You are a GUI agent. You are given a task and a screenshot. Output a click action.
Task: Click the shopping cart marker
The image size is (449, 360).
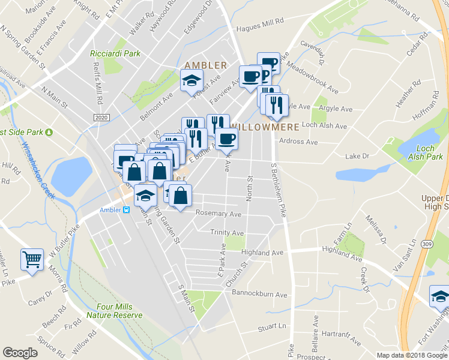tap(32, 260)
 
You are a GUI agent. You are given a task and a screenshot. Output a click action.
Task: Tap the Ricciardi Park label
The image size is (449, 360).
tap(115, 53)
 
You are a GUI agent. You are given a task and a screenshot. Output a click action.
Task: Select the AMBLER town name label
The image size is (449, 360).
tap(206, 65)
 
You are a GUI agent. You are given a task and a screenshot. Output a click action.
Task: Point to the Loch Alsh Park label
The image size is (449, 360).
tap(426, 152)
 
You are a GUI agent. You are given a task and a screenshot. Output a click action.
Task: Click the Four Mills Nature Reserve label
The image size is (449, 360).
tap(115, 310)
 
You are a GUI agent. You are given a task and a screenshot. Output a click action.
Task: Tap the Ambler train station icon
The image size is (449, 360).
tap(127, 210)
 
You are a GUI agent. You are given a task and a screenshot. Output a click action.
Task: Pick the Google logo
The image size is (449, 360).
tap(20, 352)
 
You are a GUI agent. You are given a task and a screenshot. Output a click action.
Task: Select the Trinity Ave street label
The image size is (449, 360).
tap(227, 232)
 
